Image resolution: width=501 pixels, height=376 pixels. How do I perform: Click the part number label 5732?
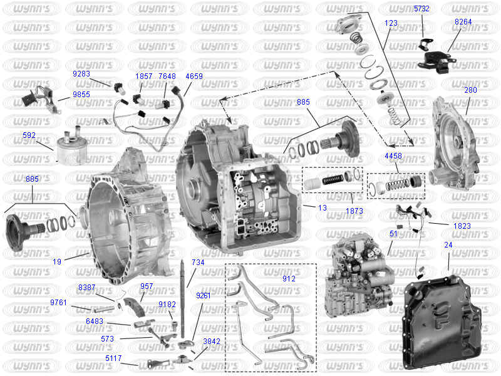coord(421,9)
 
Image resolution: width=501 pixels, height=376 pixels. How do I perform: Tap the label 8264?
coord(463,22)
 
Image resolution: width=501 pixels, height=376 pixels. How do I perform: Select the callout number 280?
coord(470,90)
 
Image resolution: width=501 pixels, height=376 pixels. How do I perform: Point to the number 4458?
coord(393,155)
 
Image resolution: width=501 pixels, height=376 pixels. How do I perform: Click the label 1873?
coord(354,211)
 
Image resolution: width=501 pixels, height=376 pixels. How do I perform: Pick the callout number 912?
coord(289,279)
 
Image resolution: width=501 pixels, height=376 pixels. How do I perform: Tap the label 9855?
coord(81,95)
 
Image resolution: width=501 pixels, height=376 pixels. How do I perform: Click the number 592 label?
coord(29,135)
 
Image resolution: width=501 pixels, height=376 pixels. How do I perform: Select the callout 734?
coord(198,263)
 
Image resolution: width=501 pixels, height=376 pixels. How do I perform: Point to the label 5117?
coord(113,358)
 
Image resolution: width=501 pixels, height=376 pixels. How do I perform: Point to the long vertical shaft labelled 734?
coord(182,299)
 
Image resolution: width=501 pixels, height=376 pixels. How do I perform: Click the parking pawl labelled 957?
coord(135,306)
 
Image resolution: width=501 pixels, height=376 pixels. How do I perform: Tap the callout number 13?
coord(323,208)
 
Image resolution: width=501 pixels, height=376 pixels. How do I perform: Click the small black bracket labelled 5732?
coord(426,44)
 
